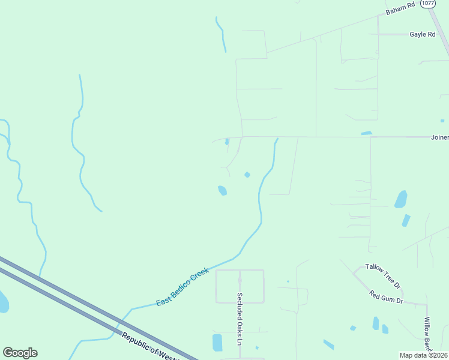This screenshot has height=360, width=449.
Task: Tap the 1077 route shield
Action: (x=427, y=3)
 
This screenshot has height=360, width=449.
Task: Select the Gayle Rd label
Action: (x=422, y=34)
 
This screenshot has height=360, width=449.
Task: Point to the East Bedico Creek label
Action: (x=182, y=287)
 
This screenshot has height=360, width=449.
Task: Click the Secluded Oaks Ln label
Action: (x=239, y=319)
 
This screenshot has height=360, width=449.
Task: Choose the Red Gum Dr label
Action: (x=387, y=296)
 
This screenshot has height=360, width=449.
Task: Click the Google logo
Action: (x=20, y=353)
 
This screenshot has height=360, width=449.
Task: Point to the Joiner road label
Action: (x=439, y=137)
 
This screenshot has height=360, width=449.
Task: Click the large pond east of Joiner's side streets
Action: (x=400, y=199)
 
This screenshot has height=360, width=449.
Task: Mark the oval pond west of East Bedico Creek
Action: (x=222, y=190)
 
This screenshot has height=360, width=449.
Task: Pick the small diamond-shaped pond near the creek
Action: (x=247, y=175)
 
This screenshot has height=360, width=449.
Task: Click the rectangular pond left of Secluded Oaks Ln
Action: (x=217, y=342)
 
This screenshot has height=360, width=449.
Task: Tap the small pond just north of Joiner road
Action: (x=367, y=133)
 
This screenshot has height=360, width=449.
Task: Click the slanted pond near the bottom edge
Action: (x=328, y=344)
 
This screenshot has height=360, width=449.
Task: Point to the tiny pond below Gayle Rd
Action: (x=442, y=121)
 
